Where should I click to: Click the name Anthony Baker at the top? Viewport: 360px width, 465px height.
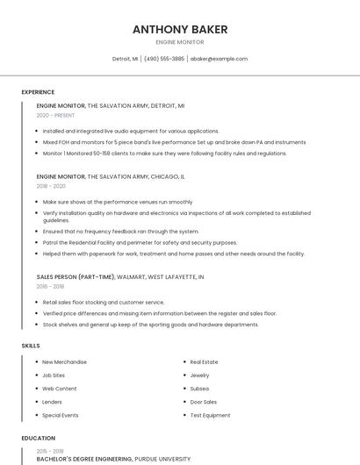180,29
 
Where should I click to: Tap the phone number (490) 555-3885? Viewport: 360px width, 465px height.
164,59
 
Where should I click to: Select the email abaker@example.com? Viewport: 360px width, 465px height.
219,59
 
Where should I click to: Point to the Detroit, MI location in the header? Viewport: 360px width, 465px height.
125,59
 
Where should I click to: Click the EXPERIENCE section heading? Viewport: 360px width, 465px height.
38,92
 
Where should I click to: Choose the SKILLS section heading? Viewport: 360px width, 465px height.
31,346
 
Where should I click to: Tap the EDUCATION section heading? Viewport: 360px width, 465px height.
39,438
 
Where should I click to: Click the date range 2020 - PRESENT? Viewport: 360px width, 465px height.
55,115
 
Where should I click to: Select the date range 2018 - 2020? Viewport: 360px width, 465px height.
51,186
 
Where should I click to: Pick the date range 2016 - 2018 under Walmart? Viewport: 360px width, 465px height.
51,286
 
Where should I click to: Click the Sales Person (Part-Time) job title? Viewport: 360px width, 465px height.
75,276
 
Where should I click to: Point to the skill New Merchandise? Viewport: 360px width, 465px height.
64,361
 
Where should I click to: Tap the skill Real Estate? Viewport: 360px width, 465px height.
204,361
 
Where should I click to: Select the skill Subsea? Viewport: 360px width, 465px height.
199,388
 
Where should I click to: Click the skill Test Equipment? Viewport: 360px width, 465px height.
210,415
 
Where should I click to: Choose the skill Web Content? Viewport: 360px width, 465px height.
60,388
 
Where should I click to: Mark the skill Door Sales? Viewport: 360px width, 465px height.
203,402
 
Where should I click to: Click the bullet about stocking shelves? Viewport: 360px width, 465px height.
150,324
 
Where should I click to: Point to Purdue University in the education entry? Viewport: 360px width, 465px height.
162,459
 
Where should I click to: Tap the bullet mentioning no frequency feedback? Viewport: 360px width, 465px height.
120,231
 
